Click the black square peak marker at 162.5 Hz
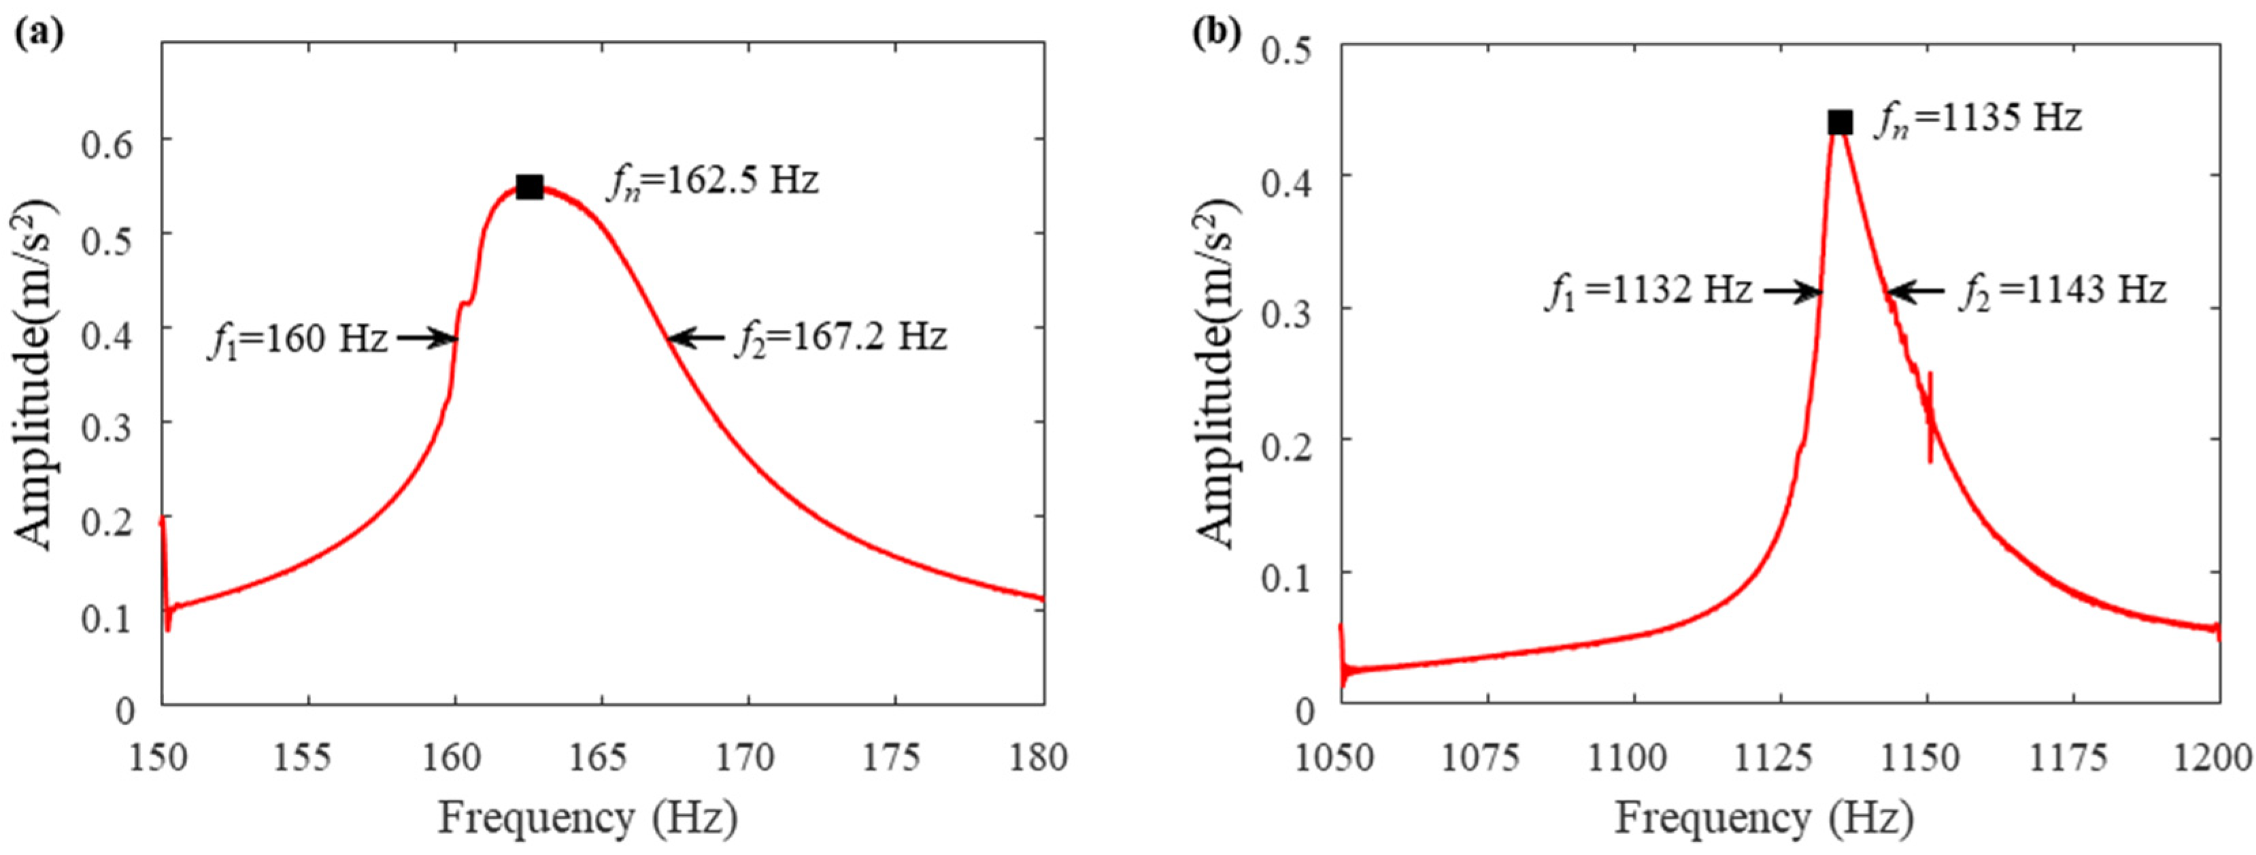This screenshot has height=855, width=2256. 530,186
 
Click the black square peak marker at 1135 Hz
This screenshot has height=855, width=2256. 1840,122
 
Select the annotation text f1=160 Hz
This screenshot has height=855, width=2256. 298,338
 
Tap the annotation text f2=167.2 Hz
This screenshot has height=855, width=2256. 841,337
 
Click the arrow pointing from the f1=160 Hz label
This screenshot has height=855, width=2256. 427,338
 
